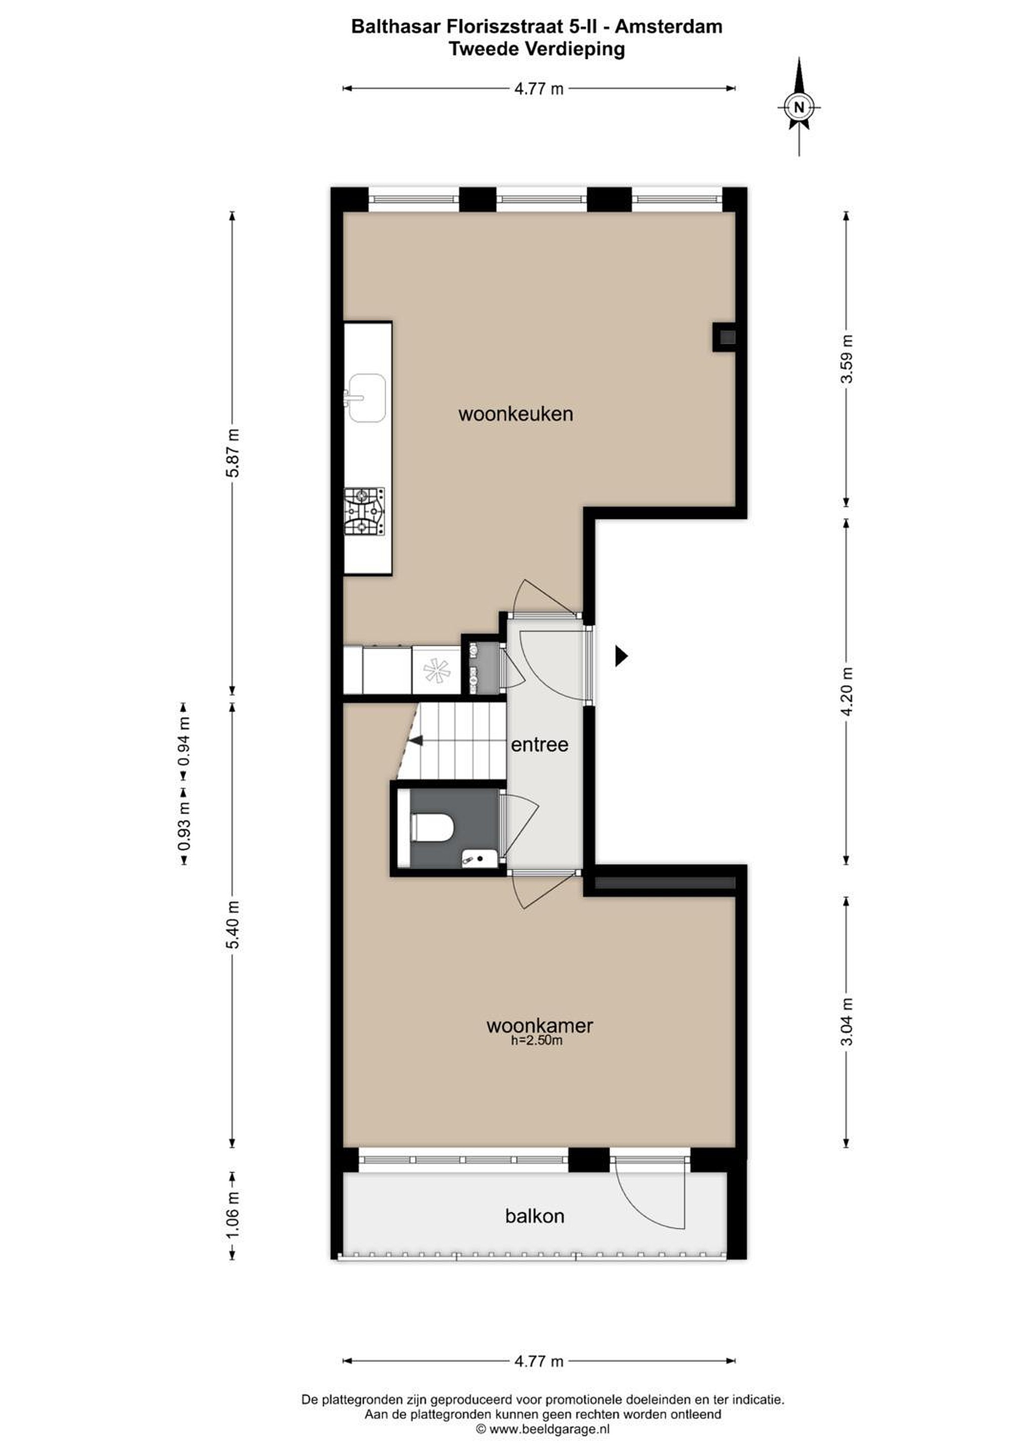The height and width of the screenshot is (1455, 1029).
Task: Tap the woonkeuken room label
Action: coord(516,414)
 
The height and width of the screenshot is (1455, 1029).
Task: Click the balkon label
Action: coord(535,1216)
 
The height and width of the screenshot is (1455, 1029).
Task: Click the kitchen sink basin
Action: coord(366,398)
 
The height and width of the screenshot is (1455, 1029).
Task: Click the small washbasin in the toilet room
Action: coord(479,860)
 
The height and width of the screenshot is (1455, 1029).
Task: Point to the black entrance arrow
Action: coord(621,656)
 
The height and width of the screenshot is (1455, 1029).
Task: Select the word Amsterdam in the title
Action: coord(669,27)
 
